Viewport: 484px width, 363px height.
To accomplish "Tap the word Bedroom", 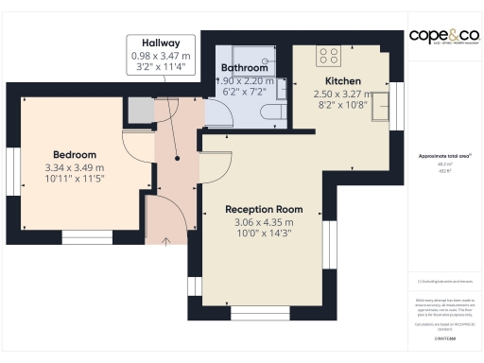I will point(75,154).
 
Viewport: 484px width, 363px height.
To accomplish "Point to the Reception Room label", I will point(264,209).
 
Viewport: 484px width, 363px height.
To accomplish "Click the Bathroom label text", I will point(245,69).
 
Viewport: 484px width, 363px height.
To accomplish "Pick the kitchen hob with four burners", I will point(330,54).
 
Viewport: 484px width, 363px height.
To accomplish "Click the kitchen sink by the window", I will point(381,106).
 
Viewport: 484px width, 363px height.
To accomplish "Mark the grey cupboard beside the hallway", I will point(141,111).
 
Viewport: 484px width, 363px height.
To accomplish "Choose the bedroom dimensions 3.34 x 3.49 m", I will point(75,167).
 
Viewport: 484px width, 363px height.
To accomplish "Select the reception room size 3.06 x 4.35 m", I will point(264,222).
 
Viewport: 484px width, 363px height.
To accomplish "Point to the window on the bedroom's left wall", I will point(12,169).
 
